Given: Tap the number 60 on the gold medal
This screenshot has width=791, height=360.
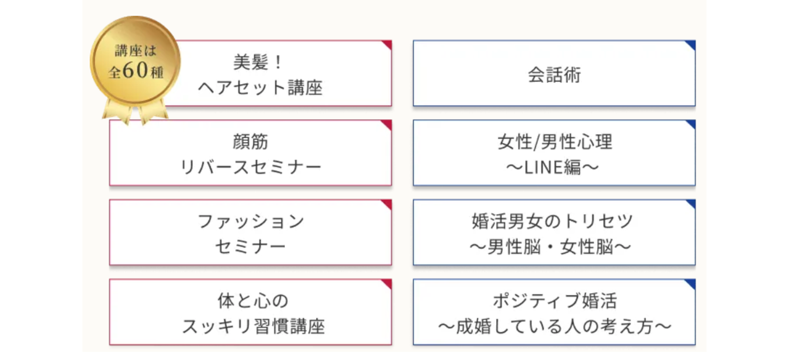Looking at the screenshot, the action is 135,70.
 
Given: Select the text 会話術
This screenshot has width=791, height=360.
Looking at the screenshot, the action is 554,75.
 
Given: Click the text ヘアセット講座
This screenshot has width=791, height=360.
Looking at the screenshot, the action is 260,87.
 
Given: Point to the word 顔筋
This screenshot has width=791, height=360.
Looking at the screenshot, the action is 250,142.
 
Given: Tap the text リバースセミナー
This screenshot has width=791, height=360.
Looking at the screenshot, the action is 250,167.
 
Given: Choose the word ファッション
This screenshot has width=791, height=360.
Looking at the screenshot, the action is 251,221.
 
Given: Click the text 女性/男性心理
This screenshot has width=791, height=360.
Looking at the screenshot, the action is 554,142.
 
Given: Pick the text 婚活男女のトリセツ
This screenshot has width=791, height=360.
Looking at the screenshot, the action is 552,221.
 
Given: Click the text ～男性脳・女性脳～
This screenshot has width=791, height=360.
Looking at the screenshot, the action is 551,247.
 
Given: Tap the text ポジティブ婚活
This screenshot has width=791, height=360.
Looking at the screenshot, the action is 555,301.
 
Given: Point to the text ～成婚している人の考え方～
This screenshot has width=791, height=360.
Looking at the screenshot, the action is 555,326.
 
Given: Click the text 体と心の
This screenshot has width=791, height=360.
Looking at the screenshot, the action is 253,301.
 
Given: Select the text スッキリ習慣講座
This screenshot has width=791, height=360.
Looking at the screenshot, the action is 253,326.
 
